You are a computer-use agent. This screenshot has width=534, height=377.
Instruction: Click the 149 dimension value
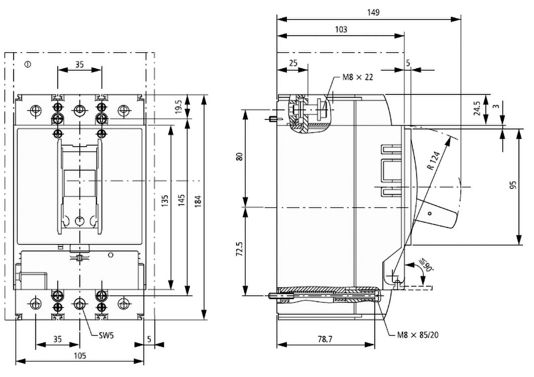372,13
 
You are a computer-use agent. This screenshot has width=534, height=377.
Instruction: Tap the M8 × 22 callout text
358,77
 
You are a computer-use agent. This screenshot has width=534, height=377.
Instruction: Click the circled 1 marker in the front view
28,64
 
